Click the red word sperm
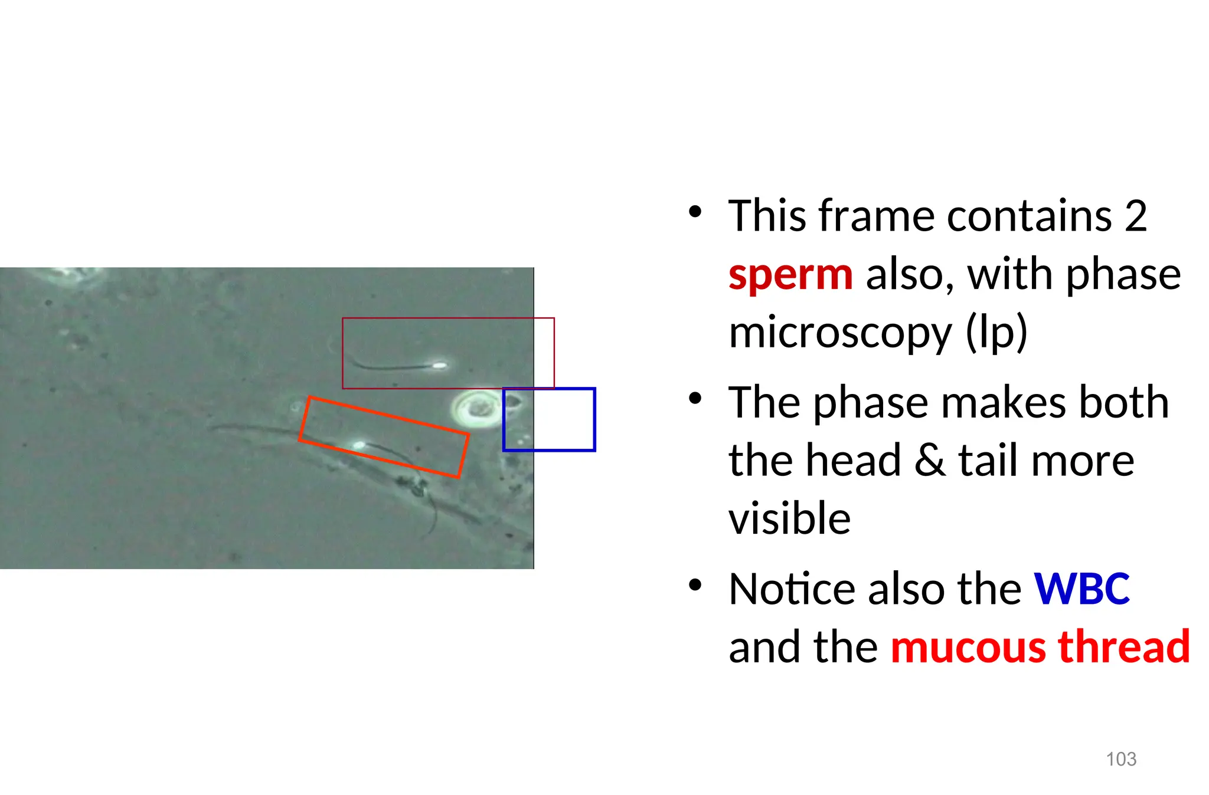(x=790, y=276)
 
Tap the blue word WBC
(x=1081, y=589)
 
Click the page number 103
(x=1120, y=759)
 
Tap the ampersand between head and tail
(x=929, y=461)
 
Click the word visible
(x=789, y=519)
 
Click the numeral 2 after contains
(x=1135, y=216)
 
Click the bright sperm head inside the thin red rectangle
(x=439, y=366)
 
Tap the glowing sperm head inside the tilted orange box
(x=358, y=445)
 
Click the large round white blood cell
(x=477, y=409)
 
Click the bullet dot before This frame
(x=695, y=212)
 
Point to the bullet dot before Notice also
(x=695, y=585)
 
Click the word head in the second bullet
(x=862, y=461)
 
